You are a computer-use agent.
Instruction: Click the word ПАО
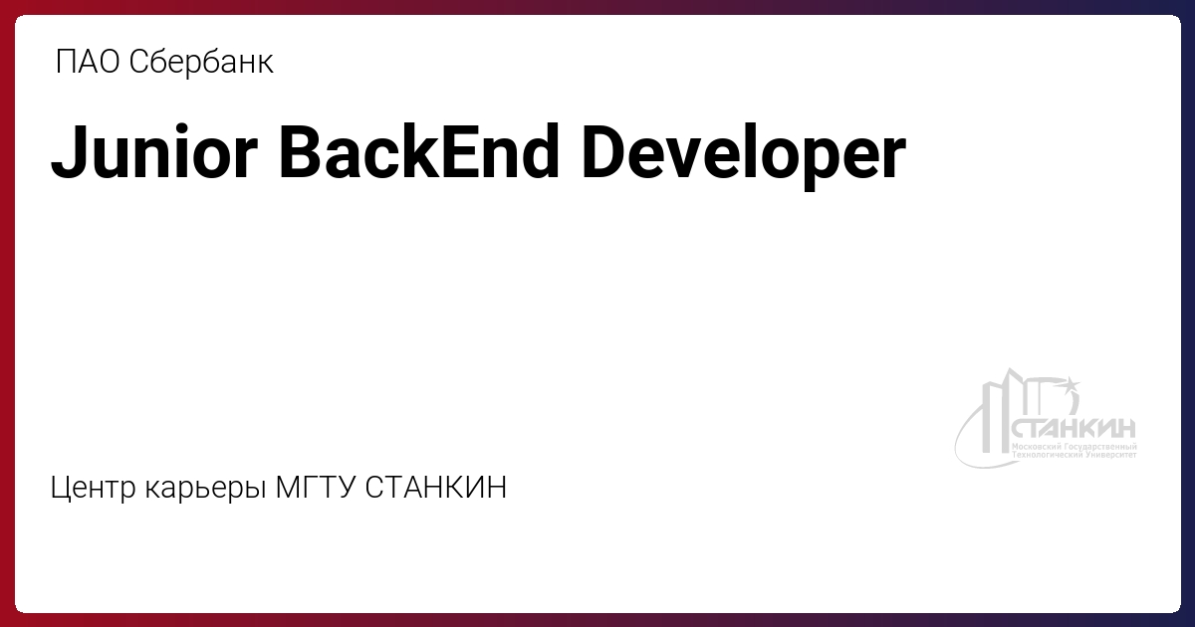(x=88, y=62)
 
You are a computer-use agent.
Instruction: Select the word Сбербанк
(x=201, y=62)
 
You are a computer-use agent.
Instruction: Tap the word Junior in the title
(x=154, y=152)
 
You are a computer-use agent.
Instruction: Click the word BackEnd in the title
(x=419, y=151)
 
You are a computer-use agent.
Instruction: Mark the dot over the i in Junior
(x=182, y=128)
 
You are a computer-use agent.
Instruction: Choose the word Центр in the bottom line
(x=93, y=488)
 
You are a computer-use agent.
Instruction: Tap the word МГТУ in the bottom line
(x=316, y=487)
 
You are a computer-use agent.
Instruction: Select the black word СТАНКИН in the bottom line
(x=436, y=487)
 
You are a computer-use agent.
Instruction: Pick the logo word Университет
(x=1111, y=455)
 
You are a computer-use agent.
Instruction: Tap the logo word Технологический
(x=1048, y=455)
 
